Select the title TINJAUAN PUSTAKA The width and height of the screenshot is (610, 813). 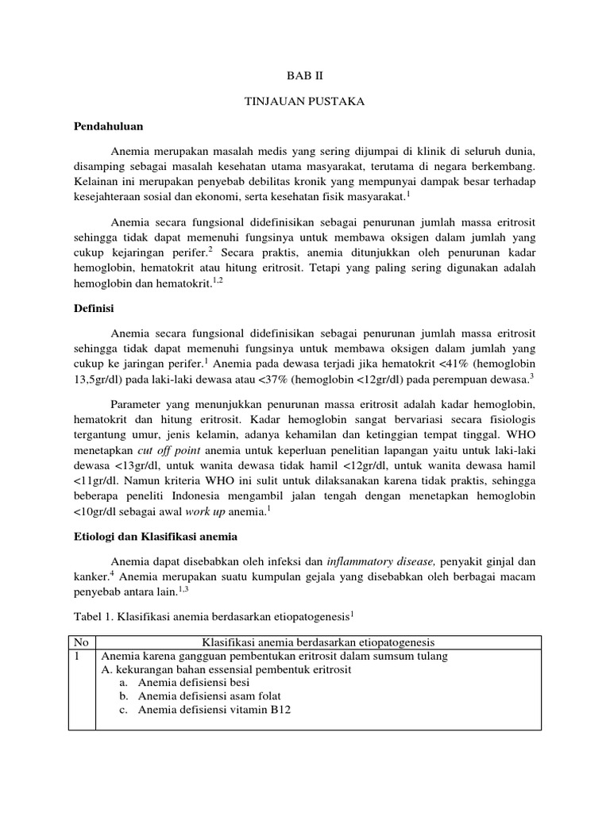click(305, 104)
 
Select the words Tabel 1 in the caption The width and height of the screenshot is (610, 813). click(91, 615)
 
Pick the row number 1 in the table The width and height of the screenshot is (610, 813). click(76, 656)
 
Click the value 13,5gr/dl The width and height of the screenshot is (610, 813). click(101, 380)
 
